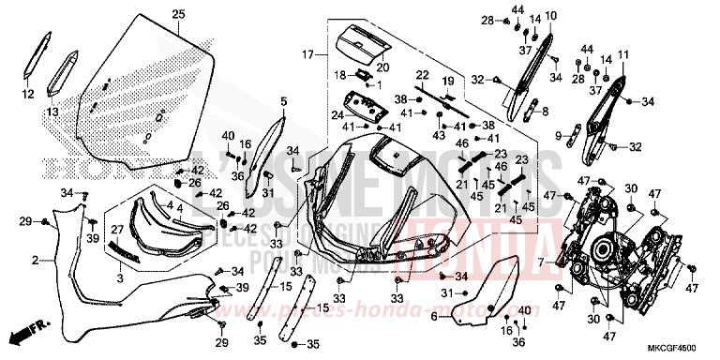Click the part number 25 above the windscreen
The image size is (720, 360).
[x=177, y=13]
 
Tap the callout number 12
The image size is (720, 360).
[x=27, y=95]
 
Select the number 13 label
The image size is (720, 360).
[x=52, y=112]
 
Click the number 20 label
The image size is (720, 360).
[x=382, y=67]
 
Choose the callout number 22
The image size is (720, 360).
[x=422, y=76]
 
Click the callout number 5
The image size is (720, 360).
[x=283, y=99]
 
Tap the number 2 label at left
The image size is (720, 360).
[x=35, y=260]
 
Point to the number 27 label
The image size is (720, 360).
[x=118, y=228]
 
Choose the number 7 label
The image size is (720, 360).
[x=542, y=264]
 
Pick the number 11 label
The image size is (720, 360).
[x=622, y=56]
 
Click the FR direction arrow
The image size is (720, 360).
[x=24, y=335]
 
